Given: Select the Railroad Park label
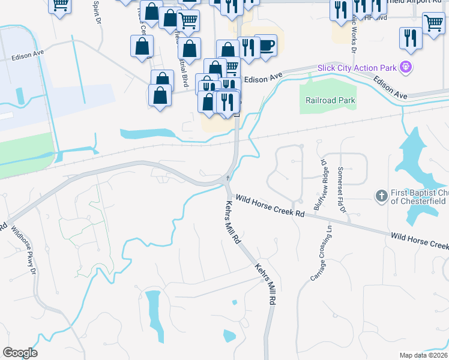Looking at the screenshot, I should pyautogui.click(x=330, y=101).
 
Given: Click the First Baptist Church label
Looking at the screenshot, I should pyautogui.click(x=418, y=197).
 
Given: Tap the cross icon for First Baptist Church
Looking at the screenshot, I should pyautogui.click(x=381, y=196).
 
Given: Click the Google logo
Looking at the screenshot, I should pyautogui.click(x=20, y=353).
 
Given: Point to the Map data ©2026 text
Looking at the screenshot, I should pyautogui.click(x=424, y=355).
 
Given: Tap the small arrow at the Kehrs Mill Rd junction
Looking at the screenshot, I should pyautogui.click(x=228, y=178).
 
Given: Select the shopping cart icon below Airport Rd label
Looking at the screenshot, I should pyautogui.click(x=433, y=24).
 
